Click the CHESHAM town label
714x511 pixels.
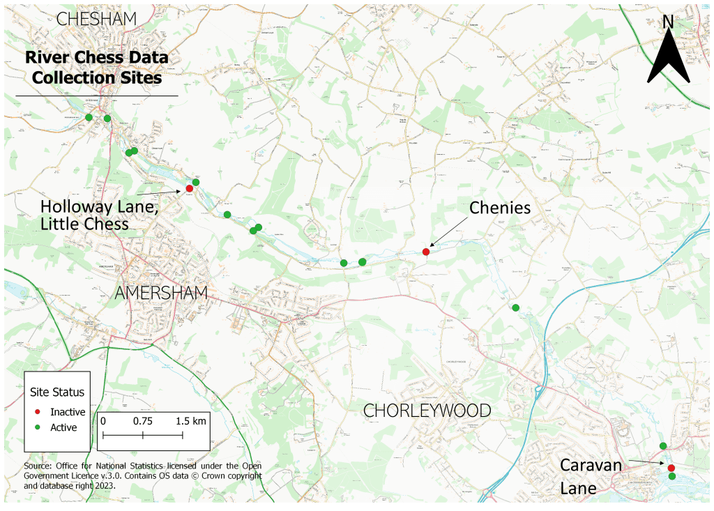tap(96, 19)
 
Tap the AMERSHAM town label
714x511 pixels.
tap(161, 293)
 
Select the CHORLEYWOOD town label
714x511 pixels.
tap(427, 411)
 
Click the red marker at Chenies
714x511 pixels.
tap(426, 252)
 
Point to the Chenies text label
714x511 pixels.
tap(500, 208)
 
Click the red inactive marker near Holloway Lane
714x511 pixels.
tap(190, 189)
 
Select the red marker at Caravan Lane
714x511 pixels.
tap(671, 468)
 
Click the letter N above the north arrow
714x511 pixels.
tap(668, 22)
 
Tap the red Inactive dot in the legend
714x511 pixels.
tap(38, 412)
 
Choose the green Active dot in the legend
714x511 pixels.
tap(38, 427)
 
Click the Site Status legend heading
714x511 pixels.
tap(57, 392)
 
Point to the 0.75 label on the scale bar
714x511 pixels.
tap(142, 421)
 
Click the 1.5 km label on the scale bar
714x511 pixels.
tap(190, 421)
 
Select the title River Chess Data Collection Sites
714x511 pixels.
tap(97, 68)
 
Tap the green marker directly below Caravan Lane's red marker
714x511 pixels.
tap(671, 476)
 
